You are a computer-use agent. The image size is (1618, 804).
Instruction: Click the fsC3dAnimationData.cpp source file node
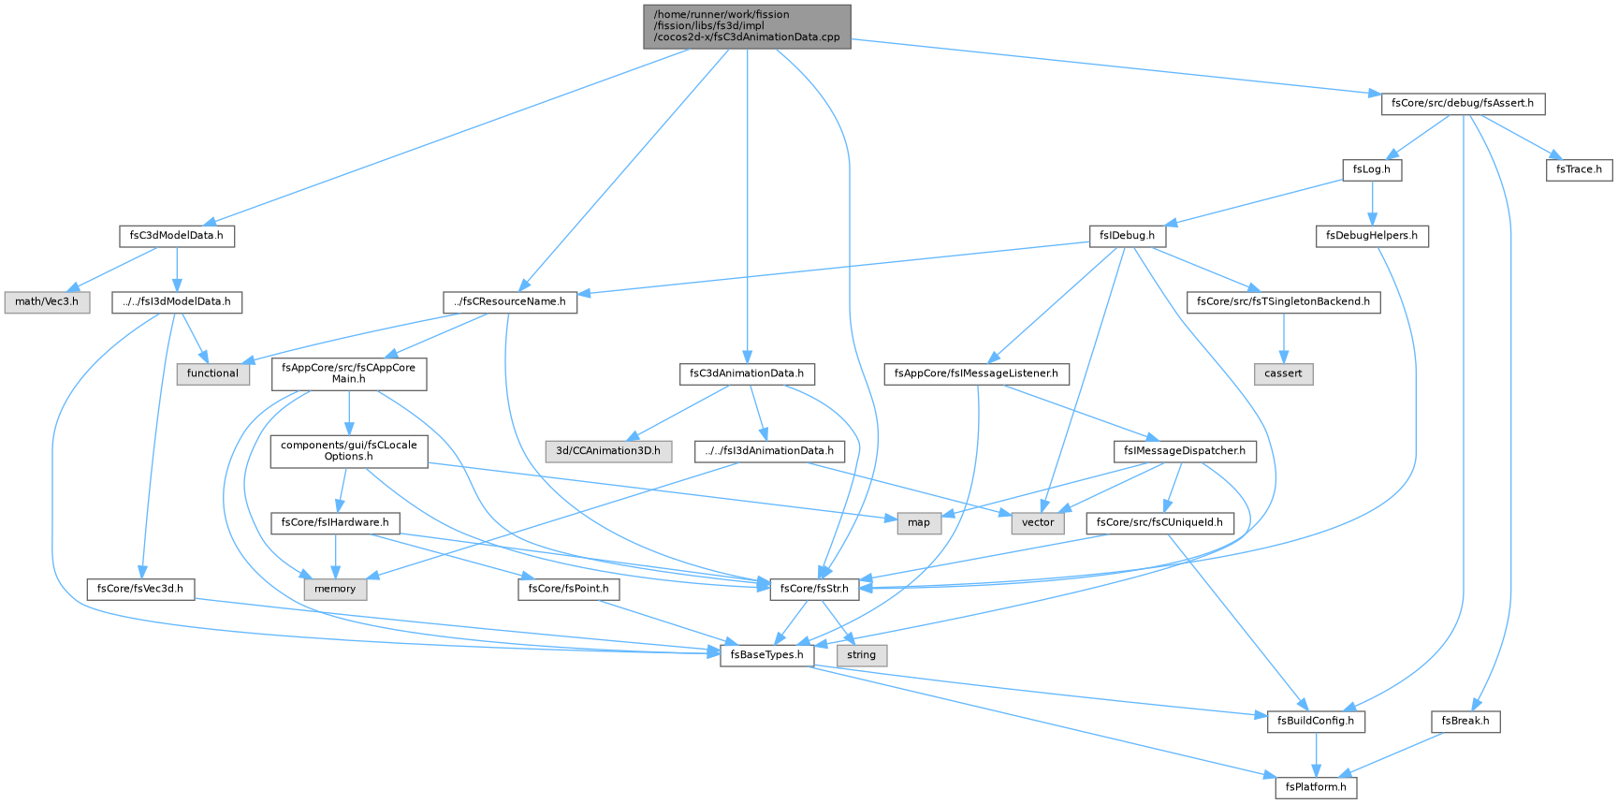747,26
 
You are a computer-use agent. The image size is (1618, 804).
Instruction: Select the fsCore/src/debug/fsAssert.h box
1463,103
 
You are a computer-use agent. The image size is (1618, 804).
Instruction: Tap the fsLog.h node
1372,169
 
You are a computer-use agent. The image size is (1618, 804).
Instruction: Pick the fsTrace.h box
1580,169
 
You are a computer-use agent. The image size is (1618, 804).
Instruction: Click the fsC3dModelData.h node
177,235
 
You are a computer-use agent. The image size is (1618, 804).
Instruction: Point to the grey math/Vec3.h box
47,301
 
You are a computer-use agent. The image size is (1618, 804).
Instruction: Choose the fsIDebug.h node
1128,235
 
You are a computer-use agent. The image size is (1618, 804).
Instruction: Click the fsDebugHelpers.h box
1372,235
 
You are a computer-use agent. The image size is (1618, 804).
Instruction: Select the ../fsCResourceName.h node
510,301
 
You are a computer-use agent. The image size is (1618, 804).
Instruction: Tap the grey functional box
212,373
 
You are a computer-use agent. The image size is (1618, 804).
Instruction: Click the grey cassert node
1283,373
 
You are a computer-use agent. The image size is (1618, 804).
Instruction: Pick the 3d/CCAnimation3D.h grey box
608,450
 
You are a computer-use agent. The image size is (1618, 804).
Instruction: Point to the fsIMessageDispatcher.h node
1184,450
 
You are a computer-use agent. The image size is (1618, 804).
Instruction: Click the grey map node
919,522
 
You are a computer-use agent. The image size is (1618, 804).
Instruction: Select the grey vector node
1038,522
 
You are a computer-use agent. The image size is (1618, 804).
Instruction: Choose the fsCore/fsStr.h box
814,589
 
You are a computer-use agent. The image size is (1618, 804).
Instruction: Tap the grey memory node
335,589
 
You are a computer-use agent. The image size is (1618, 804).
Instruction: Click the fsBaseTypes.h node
767,655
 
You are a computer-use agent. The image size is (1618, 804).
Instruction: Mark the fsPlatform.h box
1316,787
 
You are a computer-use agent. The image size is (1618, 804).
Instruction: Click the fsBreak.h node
1465,721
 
